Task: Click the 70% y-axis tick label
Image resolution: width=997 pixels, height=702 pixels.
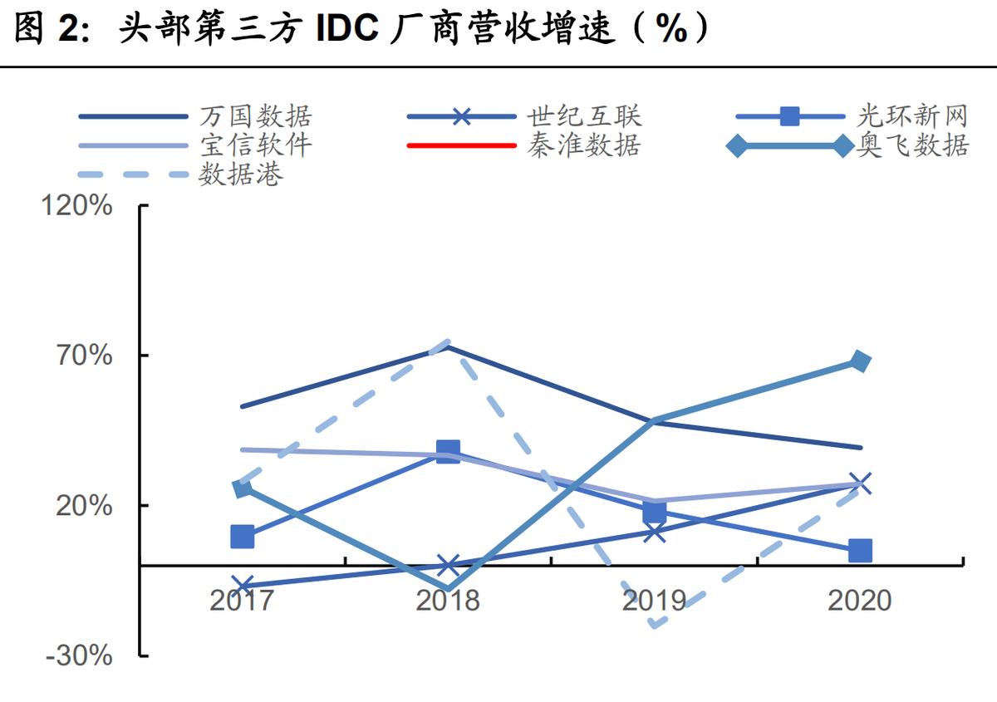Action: pyautogui.click(x=84, y=356)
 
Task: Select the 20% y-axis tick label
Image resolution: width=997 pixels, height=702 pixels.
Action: pyautogui.click(x=84, y=505)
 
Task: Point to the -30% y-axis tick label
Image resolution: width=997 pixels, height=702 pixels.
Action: pyautogui.click(x=80, y=655)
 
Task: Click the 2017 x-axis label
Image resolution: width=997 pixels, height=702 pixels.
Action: pyautogui.click(x=241, y=600)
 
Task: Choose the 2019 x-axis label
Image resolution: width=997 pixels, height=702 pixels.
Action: pyautogui.click(x=654, y=600)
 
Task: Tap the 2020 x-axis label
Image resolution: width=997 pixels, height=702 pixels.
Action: pyautogui.click(x=860, y=600)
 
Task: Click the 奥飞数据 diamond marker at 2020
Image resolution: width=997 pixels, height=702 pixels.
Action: pyautogui.click(x=860, y=361)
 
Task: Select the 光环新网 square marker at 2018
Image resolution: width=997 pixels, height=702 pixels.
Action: pyautogui.click(x=448, y=452)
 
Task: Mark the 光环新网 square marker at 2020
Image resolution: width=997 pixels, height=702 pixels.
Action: pyautogui.click(x=860, y=550)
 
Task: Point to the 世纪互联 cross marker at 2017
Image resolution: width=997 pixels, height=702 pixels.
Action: pyautogui.click(x=242, y=586)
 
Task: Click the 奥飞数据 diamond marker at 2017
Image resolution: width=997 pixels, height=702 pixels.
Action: pyautogui.click(x=242, y=488)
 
